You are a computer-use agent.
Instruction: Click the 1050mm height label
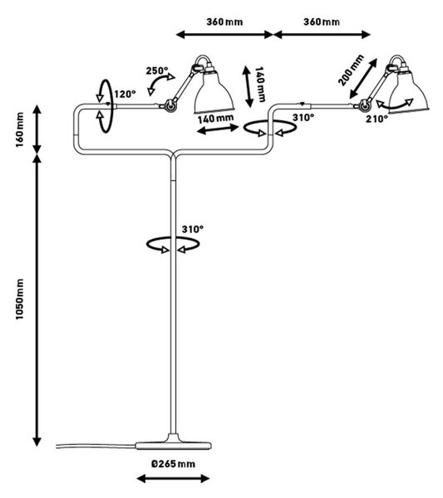[x=20, y=299]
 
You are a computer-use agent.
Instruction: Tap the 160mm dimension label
[x=20, y=129]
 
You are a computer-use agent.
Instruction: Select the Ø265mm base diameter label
[x=173, y=464]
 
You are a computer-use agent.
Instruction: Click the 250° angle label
[x=157, y=71]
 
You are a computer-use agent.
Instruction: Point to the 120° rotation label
[x=125, y=95]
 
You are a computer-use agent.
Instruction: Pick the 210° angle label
[x=377, y=119]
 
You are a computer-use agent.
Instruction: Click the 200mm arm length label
[x=351, y=71]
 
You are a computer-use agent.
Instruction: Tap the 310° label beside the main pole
[x=193, y=229]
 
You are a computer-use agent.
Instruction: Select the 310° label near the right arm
[x=303, y=118]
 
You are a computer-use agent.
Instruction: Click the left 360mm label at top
[x=224, y=22]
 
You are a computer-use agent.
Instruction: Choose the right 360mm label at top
[x=322, y=22]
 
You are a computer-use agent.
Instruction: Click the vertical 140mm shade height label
[x=260, y=85]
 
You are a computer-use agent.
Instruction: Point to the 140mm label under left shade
[x=215, y=119]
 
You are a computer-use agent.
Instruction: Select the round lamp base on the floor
[x=174, y=445]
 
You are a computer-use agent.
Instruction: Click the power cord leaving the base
[x=96, y=446]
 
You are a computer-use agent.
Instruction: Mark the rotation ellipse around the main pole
[x=173, y=245]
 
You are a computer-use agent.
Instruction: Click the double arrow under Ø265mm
[x=173, y=478]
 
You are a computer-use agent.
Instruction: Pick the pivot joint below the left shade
[x=170, y=105]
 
